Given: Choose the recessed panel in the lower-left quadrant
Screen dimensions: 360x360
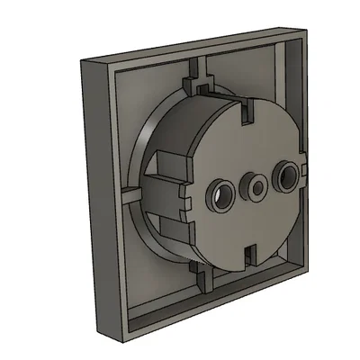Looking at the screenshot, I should (153, 270).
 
